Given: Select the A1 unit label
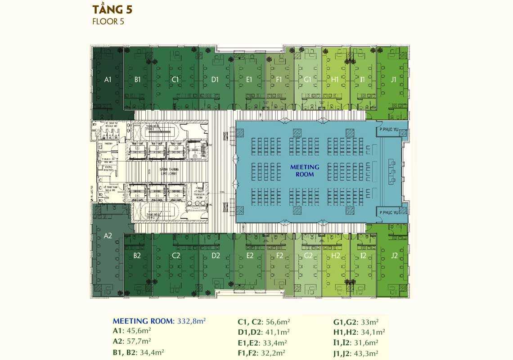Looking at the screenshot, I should (x=108, y=80).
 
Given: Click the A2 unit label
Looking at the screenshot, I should (x=108, y=235).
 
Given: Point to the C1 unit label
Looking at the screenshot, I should (x=176, y=80).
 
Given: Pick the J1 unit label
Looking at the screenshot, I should (x=394, y=80).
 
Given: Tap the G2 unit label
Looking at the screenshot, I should (x=308, y=256).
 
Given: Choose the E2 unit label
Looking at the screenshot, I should (x=250, y=256).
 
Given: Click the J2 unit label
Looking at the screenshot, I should (x=394, y=256).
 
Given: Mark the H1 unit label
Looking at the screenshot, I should (x=335, y=80).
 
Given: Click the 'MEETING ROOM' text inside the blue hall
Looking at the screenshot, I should (x=305, y=170).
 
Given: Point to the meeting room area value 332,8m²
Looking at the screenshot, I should (x=190, y=321).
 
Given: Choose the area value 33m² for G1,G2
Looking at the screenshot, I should (x=369, y=322).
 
